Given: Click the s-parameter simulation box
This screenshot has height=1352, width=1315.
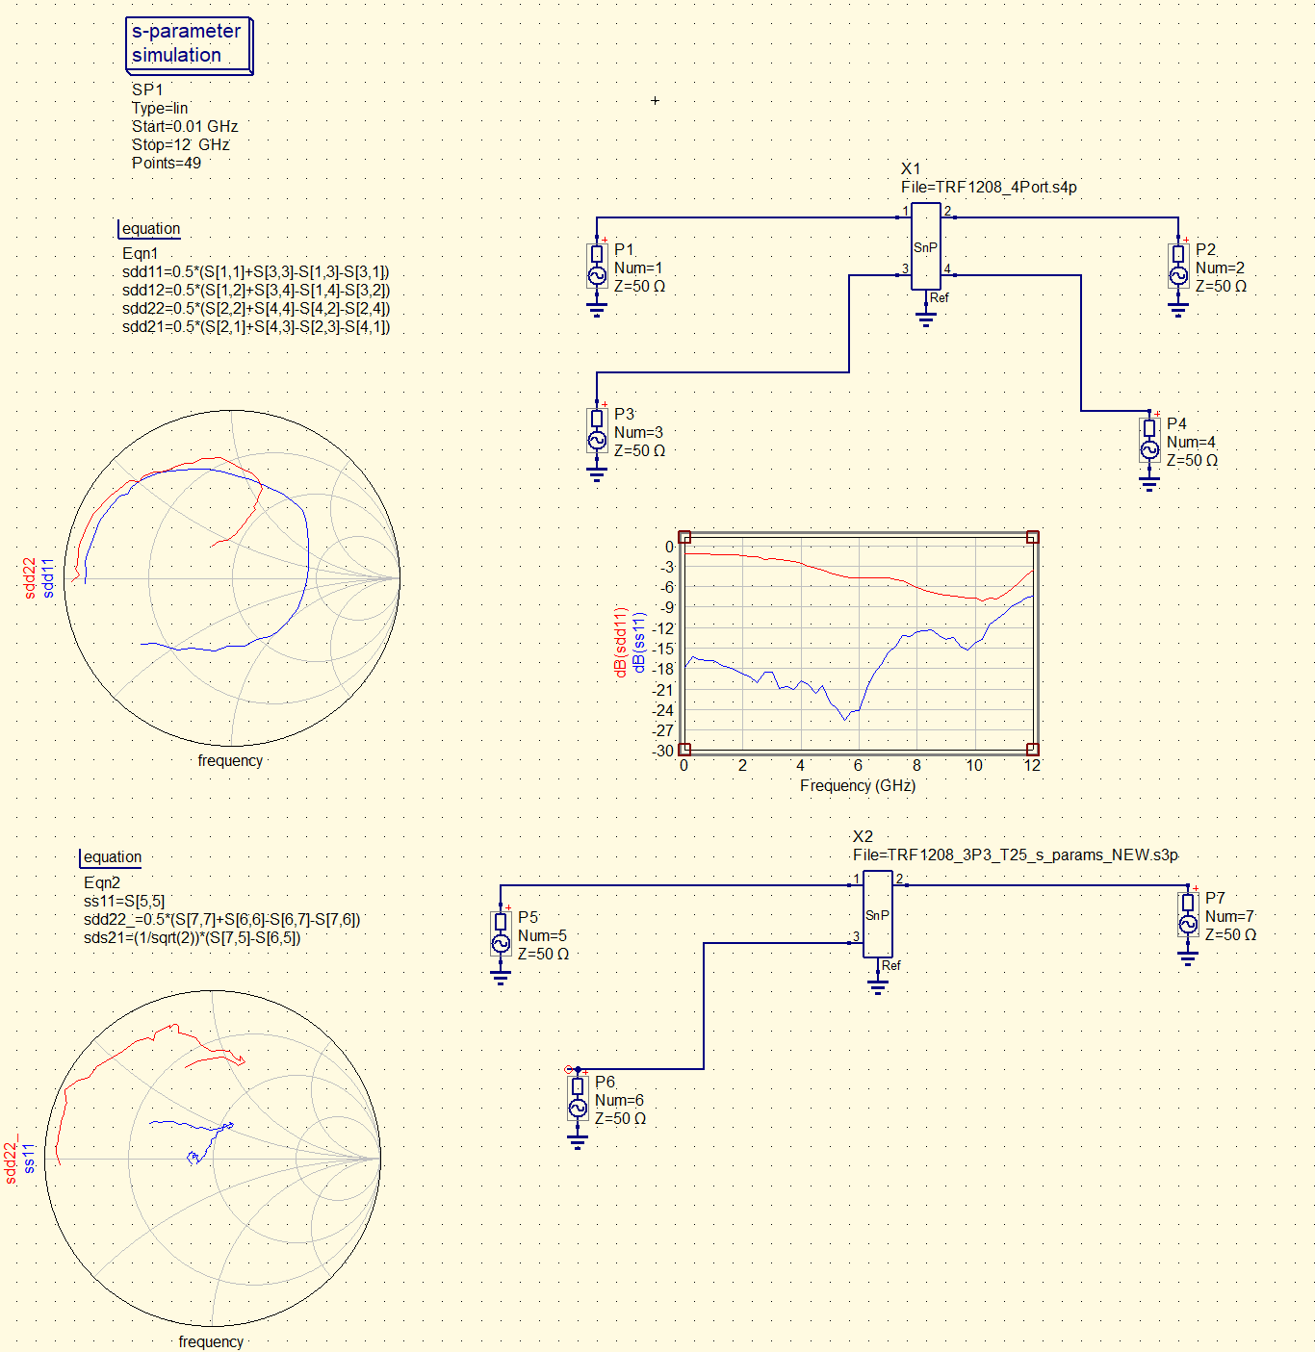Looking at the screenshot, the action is (189, 45).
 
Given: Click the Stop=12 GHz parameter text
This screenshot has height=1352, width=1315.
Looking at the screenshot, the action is (181, 144).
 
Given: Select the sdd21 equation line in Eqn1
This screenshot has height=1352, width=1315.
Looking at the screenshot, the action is (256, 326).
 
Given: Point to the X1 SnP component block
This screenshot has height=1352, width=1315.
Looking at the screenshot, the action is (926, 246).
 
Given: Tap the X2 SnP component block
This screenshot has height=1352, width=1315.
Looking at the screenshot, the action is (878, 913).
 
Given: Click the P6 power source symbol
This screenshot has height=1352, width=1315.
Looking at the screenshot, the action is (578, 1098).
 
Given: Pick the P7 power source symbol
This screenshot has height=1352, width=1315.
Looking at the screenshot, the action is (1188, 914).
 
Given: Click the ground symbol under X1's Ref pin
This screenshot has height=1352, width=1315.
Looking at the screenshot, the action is (926, 319).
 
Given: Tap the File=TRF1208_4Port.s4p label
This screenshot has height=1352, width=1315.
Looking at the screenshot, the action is (989, 187).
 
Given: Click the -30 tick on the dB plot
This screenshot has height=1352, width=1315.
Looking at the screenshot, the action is (663, 751).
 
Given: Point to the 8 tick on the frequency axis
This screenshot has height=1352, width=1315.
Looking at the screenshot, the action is (916, 766).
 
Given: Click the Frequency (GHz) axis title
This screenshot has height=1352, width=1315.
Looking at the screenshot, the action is (858, 786).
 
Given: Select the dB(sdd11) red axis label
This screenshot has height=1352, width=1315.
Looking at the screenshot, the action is (620, 641).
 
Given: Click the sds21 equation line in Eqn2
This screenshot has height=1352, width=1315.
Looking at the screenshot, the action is (192, 938).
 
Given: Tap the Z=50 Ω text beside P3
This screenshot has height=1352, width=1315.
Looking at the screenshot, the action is (639, 451).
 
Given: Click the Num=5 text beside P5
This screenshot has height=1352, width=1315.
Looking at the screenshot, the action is (542, 936).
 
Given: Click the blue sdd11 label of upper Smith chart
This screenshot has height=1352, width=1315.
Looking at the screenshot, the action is (47, 578).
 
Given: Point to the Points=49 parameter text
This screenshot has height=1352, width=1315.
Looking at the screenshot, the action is (167, 163).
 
